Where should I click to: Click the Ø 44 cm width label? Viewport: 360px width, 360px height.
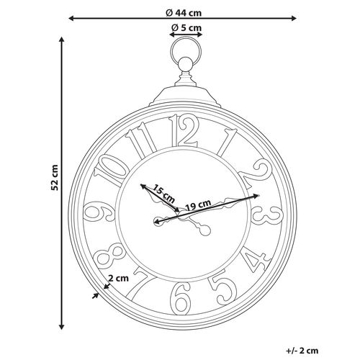186,11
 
